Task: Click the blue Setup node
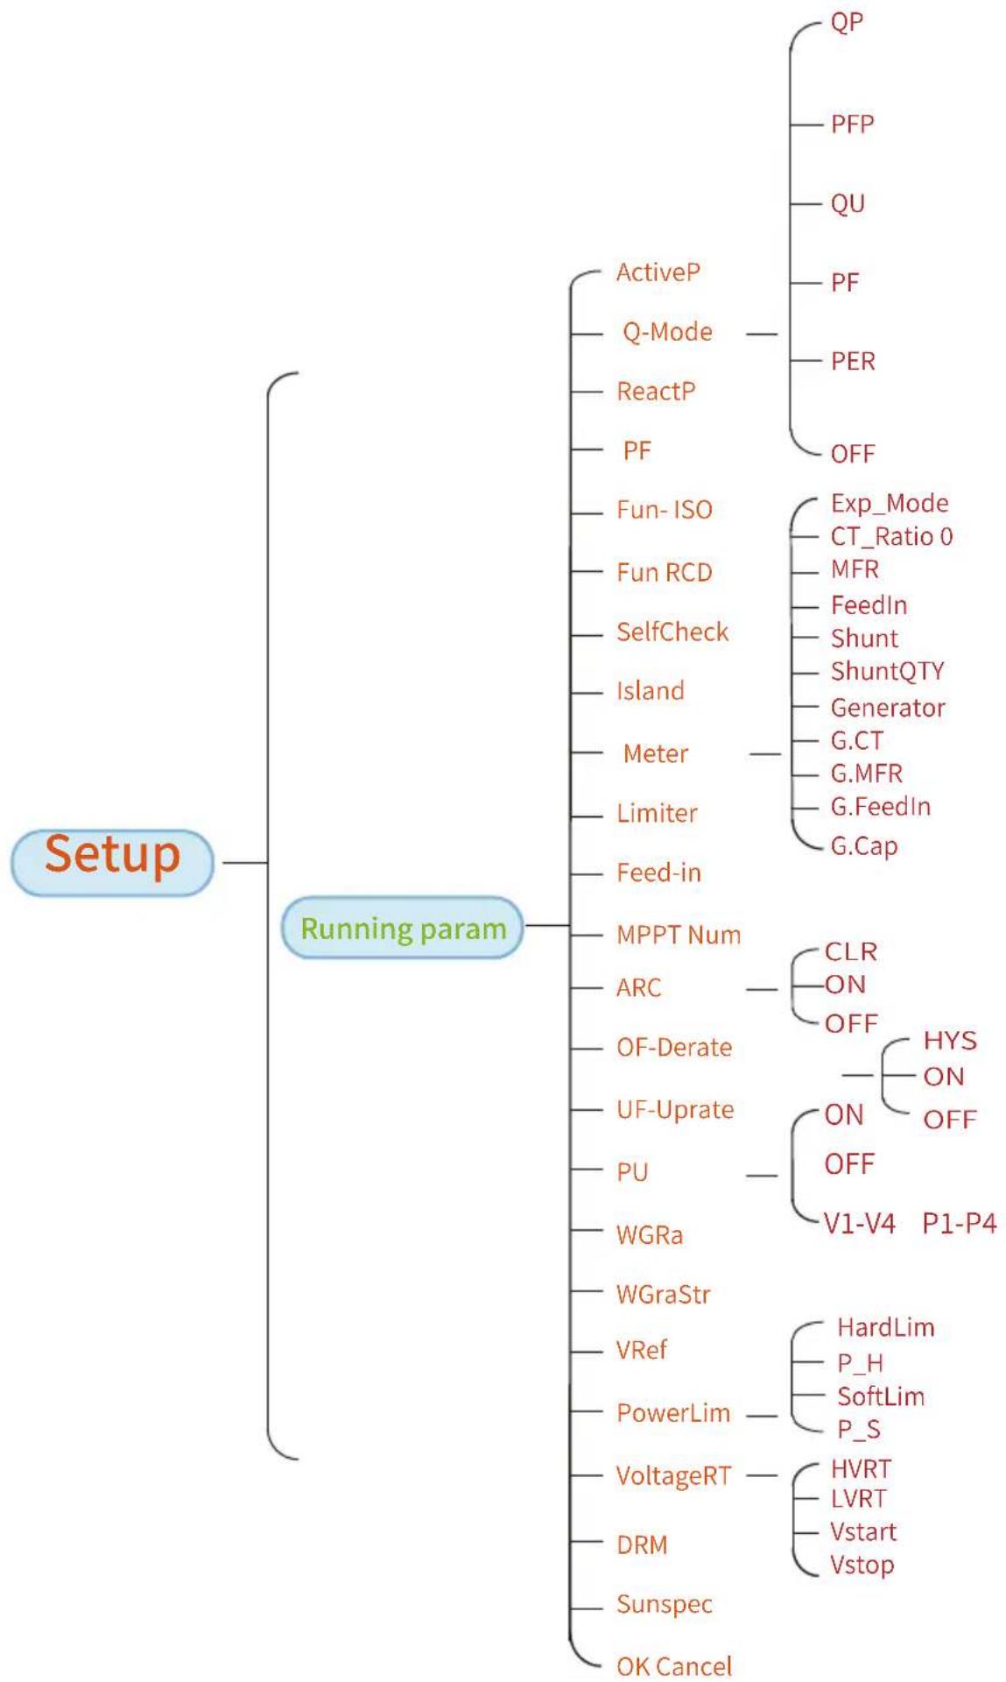click(112, 862)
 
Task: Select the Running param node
click(403, 927)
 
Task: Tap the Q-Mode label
click(667, 332)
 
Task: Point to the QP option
click(847, 22)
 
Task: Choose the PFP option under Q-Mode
click(852, 124)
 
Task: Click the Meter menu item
click(655, 753)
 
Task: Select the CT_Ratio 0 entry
click(891, 536)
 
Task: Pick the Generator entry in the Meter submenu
click(888, 708)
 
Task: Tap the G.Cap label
click(864, 846)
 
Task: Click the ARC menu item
click(638, 988)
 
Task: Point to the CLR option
click(850, 951)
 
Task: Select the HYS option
click(949, 1041)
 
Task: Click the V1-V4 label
click(859, 1223)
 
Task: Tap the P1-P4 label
click(959, 1223)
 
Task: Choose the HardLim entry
click(885, 1327)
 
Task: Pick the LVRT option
click(858, 1499)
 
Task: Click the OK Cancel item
click(673, 1666)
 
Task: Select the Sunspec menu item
click(664, 1605)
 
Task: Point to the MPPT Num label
click(678, 935)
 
